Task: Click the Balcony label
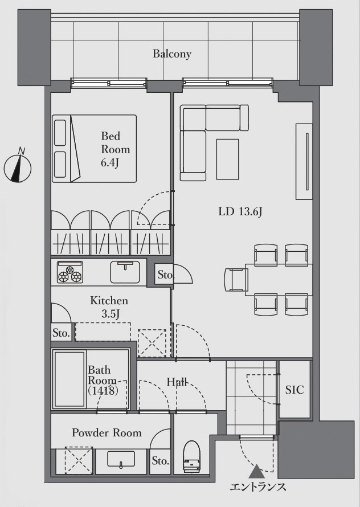tap(172, 54)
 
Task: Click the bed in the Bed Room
tap(94, 149)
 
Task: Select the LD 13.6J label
tap(240, 212)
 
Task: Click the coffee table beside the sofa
tap(228, 159)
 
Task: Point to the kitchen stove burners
tap(70, 272)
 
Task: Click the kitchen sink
tap(125, 272)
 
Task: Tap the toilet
tap(192, 454)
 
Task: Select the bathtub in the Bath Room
tap(69, 379)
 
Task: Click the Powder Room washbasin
tap(121, 460)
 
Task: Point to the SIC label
tap(294, 390)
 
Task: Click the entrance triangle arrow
tap(256, 472)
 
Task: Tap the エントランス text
tap(258, 487)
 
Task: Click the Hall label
tap(177, 382)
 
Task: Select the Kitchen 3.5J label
tap(109, 307)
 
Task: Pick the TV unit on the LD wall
tap(304, 161)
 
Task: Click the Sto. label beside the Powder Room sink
tap(160, 460)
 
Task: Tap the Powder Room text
tap(107, 432)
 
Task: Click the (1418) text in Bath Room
tap(103, 391)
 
